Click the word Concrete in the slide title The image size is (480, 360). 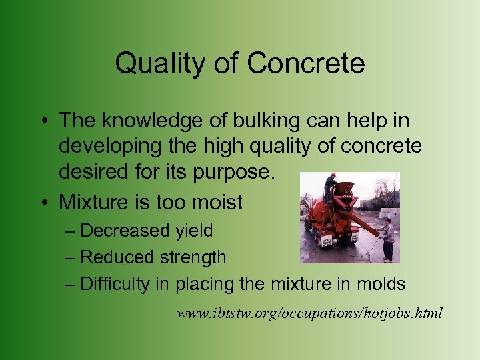306,64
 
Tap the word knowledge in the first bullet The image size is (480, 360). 147,121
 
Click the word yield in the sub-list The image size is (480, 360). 194,231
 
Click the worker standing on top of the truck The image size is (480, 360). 330,187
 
